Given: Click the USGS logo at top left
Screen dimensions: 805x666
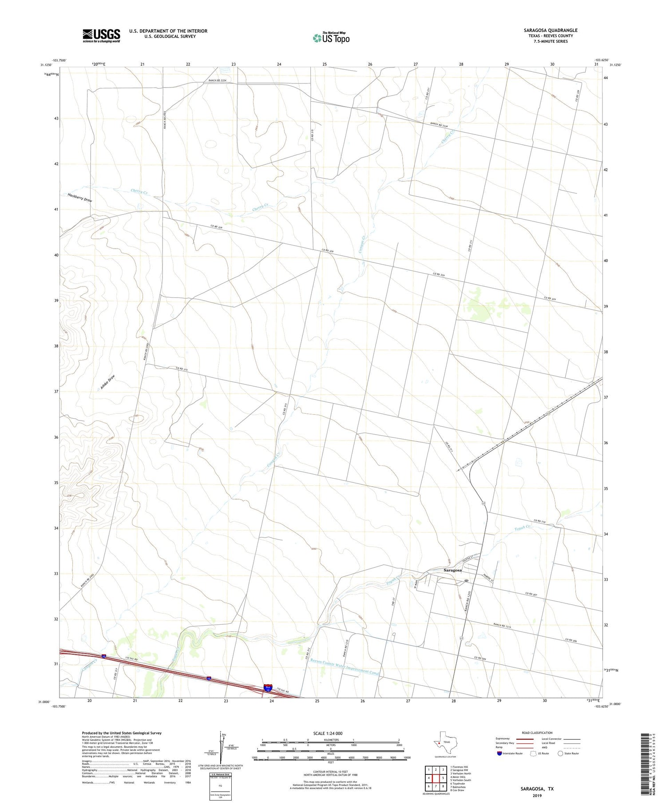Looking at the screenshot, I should (x=101, y=36).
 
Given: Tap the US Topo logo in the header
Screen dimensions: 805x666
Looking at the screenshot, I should (x=331, y=38).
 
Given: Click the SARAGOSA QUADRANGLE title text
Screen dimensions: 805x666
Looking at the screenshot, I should (x=551, y=30).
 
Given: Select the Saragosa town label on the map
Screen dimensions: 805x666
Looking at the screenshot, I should (x=452, y=570).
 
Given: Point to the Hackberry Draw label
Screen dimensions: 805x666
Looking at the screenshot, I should (x=80, y=198).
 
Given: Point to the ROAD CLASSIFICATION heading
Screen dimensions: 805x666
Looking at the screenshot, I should (x=537, y=733).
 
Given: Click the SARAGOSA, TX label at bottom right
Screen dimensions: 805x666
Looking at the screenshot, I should (x=537, y=789).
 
